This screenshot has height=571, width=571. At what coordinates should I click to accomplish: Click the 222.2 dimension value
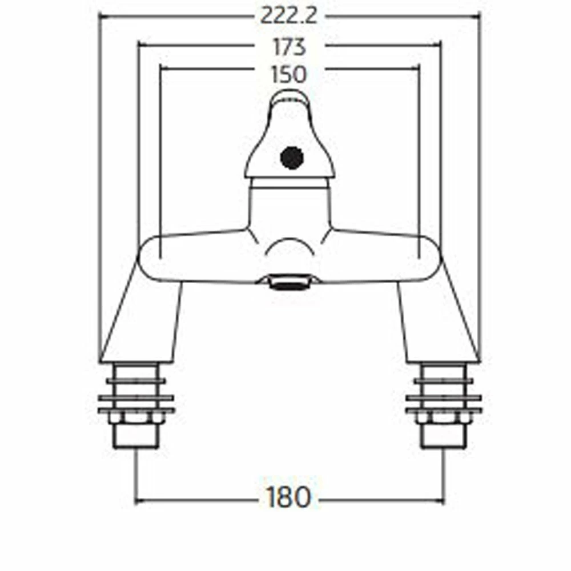(x=288, y=16)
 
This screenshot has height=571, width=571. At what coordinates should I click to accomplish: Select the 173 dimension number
(x=289, y=47)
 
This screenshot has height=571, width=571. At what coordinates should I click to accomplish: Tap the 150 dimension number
(x=289, y=74)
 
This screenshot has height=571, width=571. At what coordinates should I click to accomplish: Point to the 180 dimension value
(x=289, y=497)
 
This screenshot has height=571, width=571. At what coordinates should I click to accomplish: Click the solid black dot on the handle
(x=292, y=158)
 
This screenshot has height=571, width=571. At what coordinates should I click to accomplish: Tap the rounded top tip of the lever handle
(x=288, y=94)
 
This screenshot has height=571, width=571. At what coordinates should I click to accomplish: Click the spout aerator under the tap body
(x=288, y=282)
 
